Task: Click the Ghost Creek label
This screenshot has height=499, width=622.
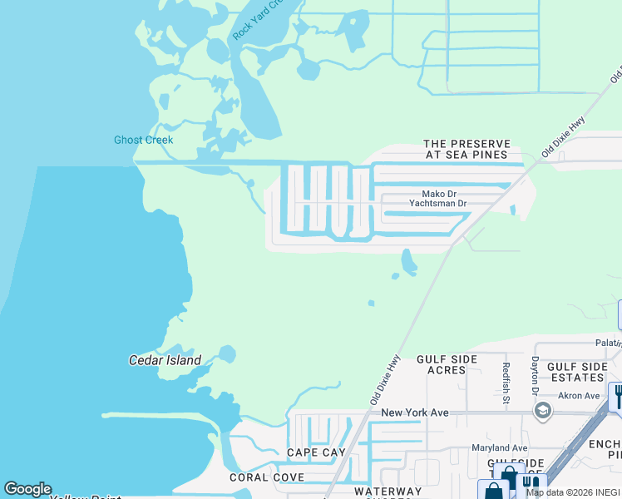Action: tap(144, 140)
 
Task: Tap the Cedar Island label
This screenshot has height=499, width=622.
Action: tap(165, 360)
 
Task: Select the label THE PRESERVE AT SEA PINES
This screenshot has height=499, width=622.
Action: tap(466, 150)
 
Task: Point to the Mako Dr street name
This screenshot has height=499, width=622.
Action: tap(429, 194)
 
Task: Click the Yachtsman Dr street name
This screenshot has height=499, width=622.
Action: tap(439, 203)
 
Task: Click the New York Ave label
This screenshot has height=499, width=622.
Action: tap(415, 413)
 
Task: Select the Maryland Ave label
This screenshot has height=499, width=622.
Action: tap(500, 448)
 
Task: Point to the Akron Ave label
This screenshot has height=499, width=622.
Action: tap(579, 396)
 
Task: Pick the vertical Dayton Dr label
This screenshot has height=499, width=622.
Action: tap(536, 376)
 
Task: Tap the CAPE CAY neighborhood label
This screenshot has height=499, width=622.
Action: tap(316, 452)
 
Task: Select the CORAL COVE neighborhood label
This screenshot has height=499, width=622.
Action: tap(267, 477)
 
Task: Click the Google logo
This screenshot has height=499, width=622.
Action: tap(27, 489)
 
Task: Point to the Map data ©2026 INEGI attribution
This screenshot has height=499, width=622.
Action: tap(573, 492)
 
